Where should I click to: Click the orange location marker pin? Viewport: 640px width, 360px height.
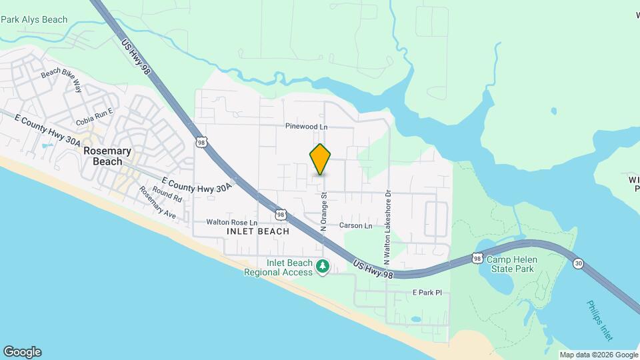click(x=321, y=159)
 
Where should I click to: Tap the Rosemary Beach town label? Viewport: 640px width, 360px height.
click(x=103, y=156)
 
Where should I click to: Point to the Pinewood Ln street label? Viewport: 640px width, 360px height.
click(x=307, y=126)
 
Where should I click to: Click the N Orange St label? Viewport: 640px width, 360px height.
click(x=324, y=212)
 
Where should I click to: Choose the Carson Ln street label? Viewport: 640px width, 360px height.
click(x=355, y=226)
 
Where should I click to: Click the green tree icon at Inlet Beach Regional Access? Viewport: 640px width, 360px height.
click(x=323, y=267)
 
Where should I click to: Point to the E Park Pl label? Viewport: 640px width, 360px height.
click(x=427, y=293)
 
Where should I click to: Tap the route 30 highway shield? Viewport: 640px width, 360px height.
click(x=578, y=264)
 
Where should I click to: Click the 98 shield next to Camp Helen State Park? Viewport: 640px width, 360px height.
click(x=477, y=258)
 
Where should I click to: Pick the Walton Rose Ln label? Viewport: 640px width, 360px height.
click(x=231, y=222)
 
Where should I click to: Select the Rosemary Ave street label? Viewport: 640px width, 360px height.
click(x=157, y=202)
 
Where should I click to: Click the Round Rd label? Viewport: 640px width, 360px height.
click(x=167, y=194)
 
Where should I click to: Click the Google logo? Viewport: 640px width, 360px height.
click(x=22, y=352)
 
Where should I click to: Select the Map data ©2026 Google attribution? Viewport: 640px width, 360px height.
click(x=598, y=355)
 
